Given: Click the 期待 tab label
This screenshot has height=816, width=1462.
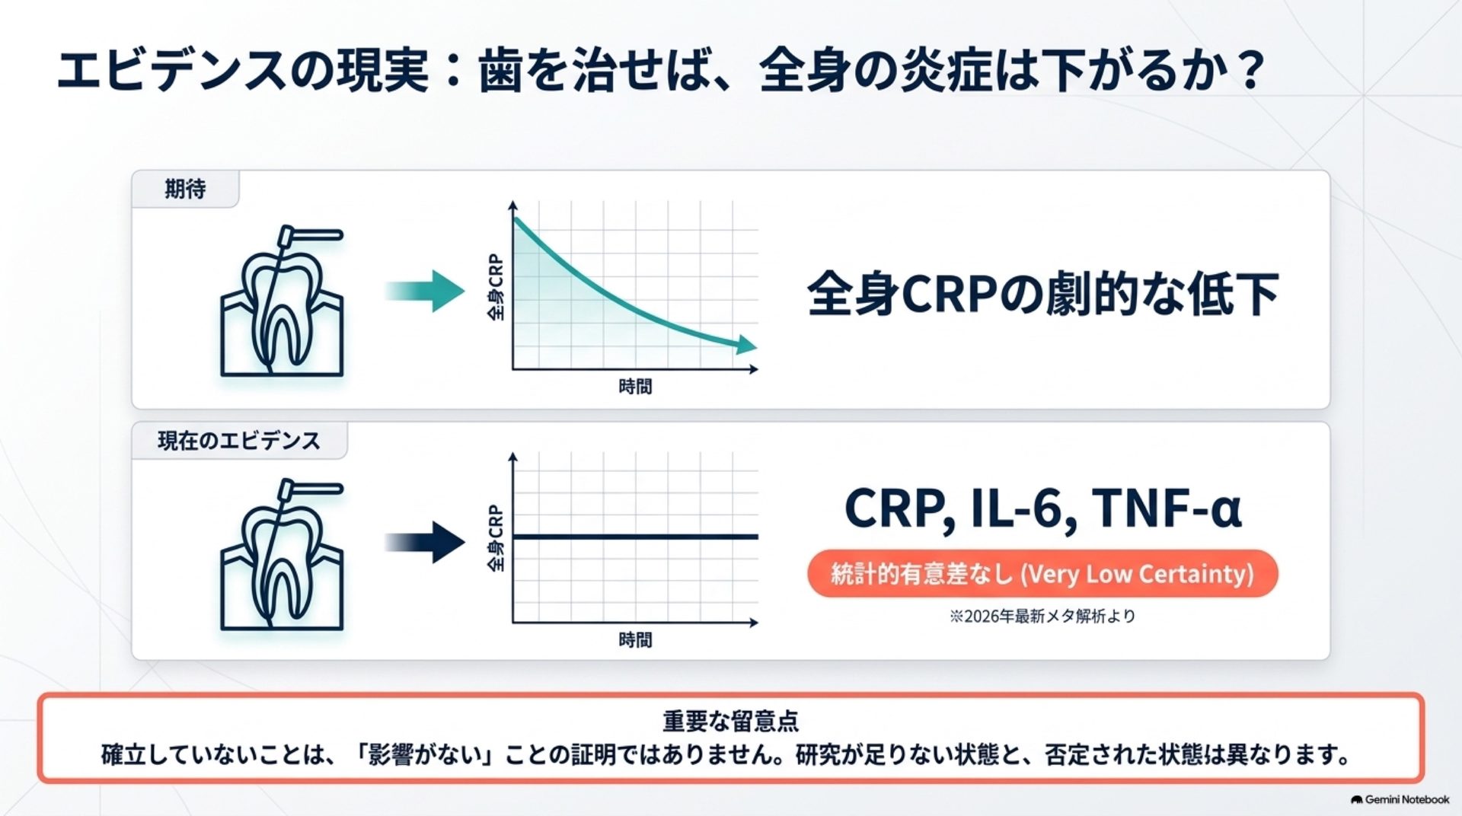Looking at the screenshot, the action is tap(185, 189).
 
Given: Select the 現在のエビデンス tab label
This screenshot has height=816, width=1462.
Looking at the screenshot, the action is tap(238, 441).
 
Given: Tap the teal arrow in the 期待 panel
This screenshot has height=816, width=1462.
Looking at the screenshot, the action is tap(424, 291).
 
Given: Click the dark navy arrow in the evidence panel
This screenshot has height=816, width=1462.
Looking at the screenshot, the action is tap(424, 542).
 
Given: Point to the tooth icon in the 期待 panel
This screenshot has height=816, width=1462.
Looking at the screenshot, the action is tap(282, 301).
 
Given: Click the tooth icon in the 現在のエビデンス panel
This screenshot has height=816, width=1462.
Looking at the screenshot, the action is tap(282, 553).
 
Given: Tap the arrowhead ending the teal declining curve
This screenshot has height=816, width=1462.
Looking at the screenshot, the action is tap(746, 345).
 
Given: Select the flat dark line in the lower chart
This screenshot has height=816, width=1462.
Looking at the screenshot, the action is tap(635, 537).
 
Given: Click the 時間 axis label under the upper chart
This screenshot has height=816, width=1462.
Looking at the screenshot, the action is tap(635, 387).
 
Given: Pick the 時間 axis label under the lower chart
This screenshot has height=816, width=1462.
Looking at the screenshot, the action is tap(635, 640).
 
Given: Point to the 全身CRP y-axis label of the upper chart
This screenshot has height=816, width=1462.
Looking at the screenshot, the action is tap(496, 287).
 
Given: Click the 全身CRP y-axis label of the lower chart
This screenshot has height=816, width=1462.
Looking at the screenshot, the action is tap(496, 537).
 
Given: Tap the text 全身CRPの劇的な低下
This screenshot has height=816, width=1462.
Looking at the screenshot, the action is tap(1042, 294).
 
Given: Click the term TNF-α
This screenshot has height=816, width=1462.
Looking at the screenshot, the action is tap(1167, 508).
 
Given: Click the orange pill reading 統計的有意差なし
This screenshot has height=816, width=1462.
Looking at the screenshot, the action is tap(1042, 573).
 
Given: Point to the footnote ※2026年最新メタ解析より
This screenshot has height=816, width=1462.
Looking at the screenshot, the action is tap(1042, 616).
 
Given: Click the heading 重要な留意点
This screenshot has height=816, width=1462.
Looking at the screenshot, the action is tap(730, 720).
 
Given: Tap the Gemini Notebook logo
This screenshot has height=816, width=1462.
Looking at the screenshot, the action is tap(1400, 799).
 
